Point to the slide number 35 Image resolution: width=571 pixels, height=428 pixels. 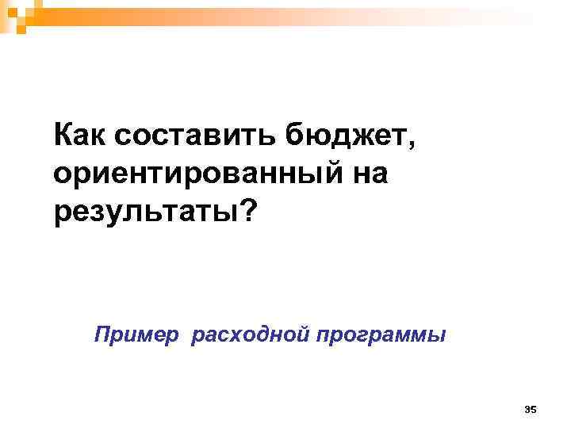coord(531,409)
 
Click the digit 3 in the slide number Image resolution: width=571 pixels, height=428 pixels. coord(528,409)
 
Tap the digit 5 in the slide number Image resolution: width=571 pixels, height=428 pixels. coord(535,409)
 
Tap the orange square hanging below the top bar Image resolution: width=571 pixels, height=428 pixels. coord(21,29)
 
